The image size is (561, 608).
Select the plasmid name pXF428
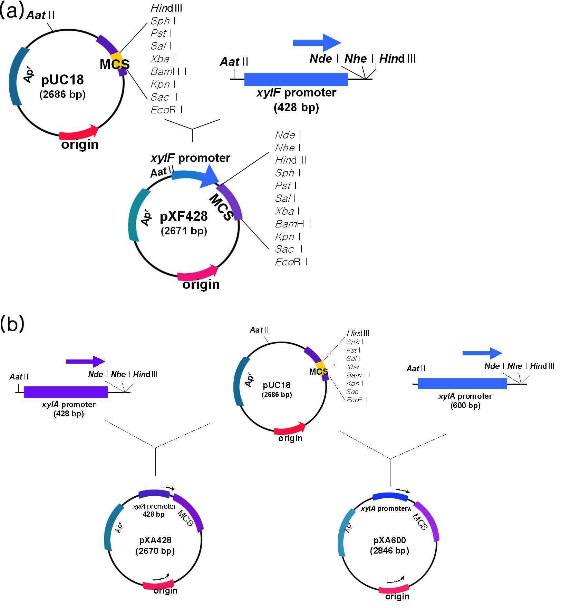184,216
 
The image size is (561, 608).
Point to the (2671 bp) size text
184,231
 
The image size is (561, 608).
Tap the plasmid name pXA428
155,540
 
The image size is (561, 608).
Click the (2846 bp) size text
389,550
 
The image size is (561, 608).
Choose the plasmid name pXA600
390,540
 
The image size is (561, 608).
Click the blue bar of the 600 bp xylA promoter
462,384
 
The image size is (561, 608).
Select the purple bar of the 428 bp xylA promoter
66,392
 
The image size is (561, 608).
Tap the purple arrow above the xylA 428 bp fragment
85,362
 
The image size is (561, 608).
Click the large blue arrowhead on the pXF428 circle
209,176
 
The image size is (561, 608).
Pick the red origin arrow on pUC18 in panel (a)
79,132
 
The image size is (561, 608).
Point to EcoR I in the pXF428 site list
291,262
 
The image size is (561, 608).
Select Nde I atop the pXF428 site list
288,135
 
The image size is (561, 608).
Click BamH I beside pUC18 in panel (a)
168,71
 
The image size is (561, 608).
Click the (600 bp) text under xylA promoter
465,406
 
